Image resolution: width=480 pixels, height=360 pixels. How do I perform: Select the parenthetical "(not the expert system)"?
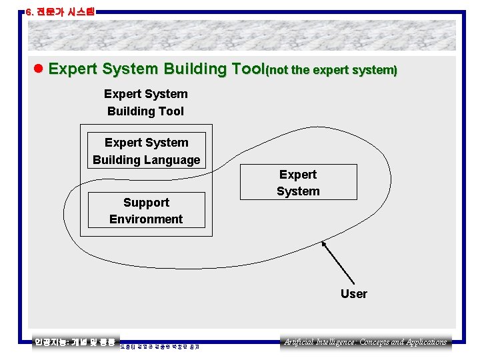tap(331, 70)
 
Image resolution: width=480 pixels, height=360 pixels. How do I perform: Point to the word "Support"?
tap(146, 203)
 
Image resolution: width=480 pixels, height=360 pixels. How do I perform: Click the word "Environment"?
tap(146, 219)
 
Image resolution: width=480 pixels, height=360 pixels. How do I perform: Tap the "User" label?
tap(353, 294)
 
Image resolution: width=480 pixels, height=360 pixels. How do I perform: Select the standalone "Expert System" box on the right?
tap(298, 183)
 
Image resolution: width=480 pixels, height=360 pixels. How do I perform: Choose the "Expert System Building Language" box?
tap(146, 151)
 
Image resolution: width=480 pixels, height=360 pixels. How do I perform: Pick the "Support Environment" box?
tap(146, 211)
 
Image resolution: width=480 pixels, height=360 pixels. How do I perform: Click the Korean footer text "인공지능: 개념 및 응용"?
tap(75, 342)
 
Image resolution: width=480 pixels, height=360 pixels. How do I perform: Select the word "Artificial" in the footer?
tap(299, 342)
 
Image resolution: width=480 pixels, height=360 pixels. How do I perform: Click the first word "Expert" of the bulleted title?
tap(73, 69)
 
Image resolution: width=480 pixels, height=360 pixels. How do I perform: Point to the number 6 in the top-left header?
tap(28, 11)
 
